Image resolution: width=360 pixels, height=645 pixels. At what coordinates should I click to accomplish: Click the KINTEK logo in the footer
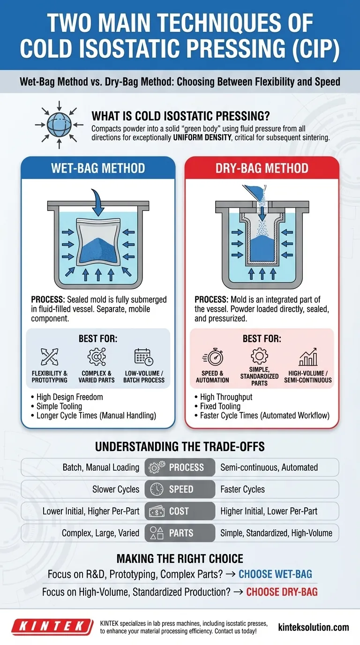[x=49, y=627]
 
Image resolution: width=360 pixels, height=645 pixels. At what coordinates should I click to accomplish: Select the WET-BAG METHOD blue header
[x=98, y=168]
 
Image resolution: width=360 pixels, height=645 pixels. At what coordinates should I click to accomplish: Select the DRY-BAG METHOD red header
[x=262, y=168]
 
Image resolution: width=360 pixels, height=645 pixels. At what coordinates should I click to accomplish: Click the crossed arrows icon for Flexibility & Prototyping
[x=49, y=357]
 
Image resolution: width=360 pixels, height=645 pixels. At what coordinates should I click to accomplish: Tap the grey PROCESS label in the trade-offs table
[x=180, y=467]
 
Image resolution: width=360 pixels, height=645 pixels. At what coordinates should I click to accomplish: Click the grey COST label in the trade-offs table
[x=180, y=511]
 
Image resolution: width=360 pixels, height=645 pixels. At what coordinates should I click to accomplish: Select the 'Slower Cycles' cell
[x=116, y=489]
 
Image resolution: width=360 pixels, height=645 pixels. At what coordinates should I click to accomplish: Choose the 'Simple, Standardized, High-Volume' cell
[x=276, y=533]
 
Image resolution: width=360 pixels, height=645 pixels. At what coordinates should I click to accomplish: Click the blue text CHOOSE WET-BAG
[x=275, y=574]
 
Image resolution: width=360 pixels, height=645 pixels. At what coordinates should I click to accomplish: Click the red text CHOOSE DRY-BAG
[x=282, y=592]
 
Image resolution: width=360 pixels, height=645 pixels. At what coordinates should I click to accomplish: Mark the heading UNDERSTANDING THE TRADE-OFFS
[x=180, y=447]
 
